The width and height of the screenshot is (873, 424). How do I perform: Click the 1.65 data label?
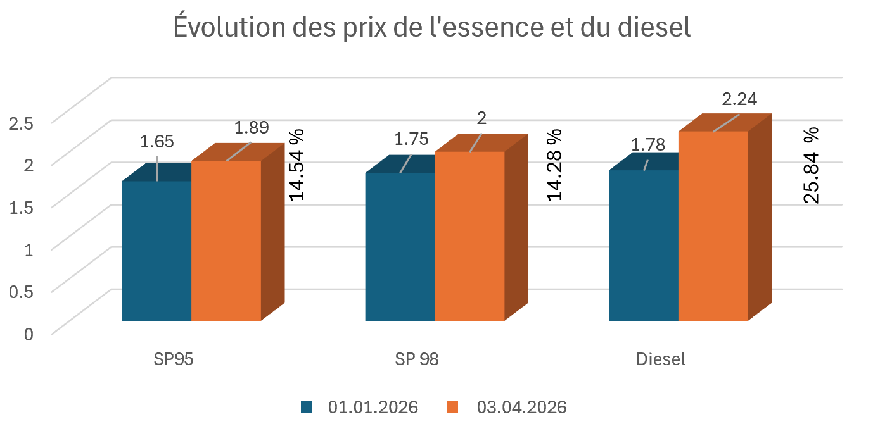tap(156, 141)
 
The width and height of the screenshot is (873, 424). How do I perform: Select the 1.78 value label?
tap(648, 144)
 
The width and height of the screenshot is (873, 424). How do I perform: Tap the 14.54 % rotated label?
tap(296, 165)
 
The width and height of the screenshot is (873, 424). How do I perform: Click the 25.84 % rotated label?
tap(811, 165)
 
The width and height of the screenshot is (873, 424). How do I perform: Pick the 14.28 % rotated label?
tap(555, 165)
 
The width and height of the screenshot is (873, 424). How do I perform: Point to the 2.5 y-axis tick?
tap(21, 122)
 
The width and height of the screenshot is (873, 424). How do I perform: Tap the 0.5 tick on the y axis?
tap(21, 290)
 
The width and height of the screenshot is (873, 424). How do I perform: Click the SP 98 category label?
tap(417, 359)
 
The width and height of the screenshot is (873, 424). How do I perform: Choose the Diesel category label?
tap(661, 359)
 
